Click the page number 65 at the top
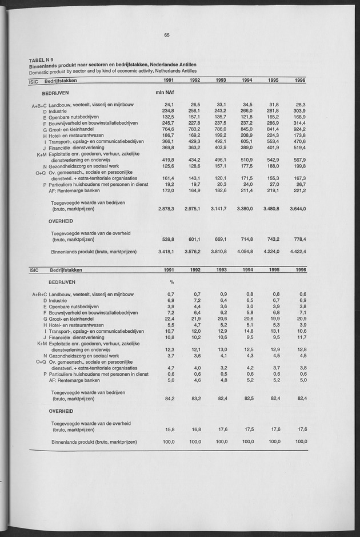click(x=167, y=35)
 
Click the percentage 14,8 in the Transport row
click(x=247, y=331)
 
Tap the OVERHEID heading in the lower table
click(x=61, y=411)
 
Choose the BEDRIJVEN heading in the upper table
click(x=55, y=92)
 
